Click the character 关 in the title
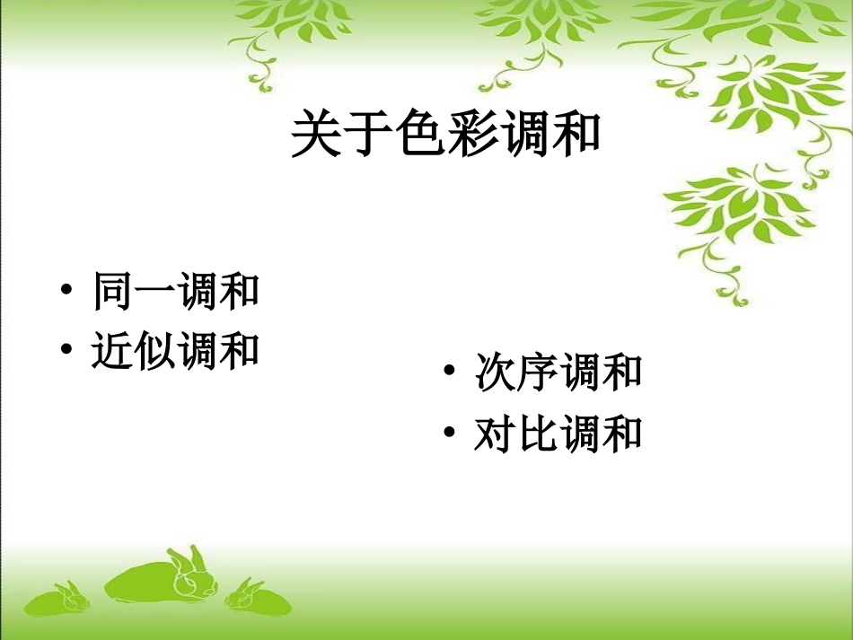[x=316, y=135]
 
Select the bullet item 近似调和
[x=175, y=351]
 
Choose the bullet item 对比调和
[x=558, y=435]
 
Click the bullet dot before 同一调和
[x=67, y=294]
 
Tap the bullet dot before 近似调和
[x=67, y=352]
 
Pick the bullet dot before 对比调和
[x=451, y=436]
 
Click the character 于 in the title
[x=368, y=135]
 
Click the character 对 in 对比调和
[x=495, y=435]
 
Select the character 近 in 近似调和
[x=112, y=351]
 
